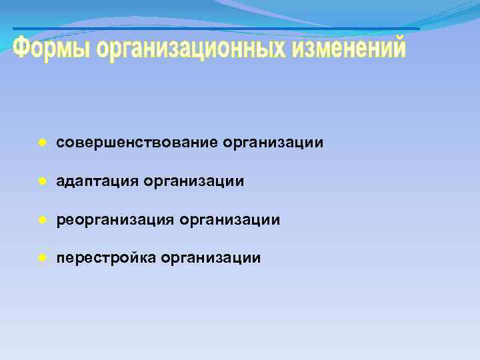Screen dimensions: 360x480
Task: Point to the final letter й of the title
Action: pos(397,47)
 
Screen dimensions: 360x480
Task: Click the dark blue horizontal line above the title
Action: pos(216,29)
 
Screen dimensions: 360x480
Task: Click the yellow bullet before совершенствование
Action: pos(41,143)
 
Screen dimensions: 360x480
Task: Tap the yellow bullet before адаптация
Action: pos(41,181)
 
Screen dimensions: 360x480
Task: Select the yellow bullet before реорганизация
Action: pos(41,219)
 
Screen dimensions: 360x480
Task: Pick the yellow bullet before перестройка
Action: pos(41,257)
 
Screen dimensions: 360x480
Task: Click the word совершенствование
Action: pos(137,143)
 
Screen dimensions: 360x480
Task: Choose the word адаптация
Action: pos(97,181)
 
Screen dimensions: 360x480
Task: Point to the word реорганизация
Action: pos(115,219)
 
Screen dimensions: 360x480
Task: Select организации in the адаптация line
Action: pos(193,181)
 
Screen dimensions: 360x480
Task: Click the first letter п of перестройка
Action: pos(61,258)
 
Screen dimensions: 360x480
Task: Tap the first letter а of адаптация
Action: pos(61,181)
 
